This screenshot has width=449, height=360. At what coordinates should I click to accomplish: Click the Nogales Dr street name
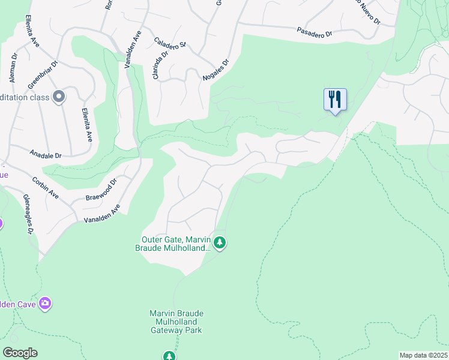216,70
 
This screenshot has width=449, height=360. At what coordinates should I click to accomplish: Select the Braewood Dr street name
100,189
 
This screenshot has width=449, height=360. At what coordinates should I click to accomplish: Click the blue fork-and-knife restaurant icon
335,99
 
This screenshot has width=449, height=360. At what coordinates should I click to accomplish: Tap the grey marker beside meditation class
59,97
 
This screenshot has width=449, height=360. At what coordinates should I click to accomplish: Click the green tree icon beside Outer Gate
220,242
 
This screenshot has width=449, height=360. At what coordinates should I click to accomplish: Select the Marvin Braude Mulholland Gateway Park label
176,322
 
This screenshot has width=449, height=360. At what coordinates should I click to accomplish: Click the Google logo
20,353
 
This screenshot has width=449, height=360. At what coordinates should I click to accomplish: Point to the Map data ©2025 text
423,355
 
